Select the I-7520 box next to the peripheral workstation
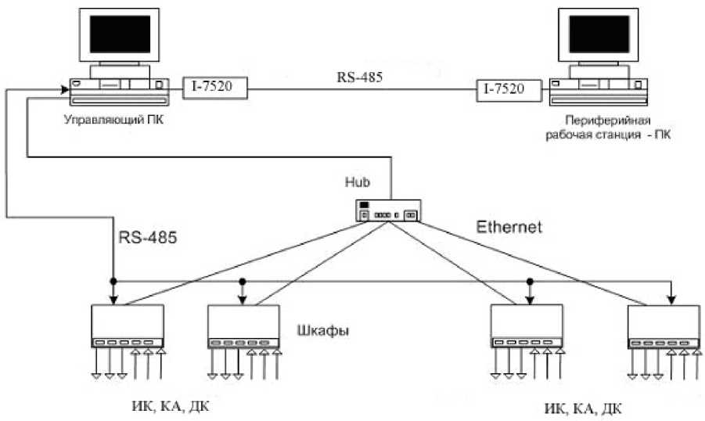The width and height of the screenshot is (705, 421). pos(509,91)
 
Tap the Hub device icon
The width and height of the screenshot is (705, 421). pos(389,211)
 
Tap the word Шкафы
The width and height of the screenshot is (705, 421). pos(323,330)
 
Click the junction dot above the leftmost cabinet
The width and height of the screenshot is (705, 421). pos(113,280)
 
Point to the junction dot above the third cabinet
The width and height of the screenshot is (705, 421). pos(530,281)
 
